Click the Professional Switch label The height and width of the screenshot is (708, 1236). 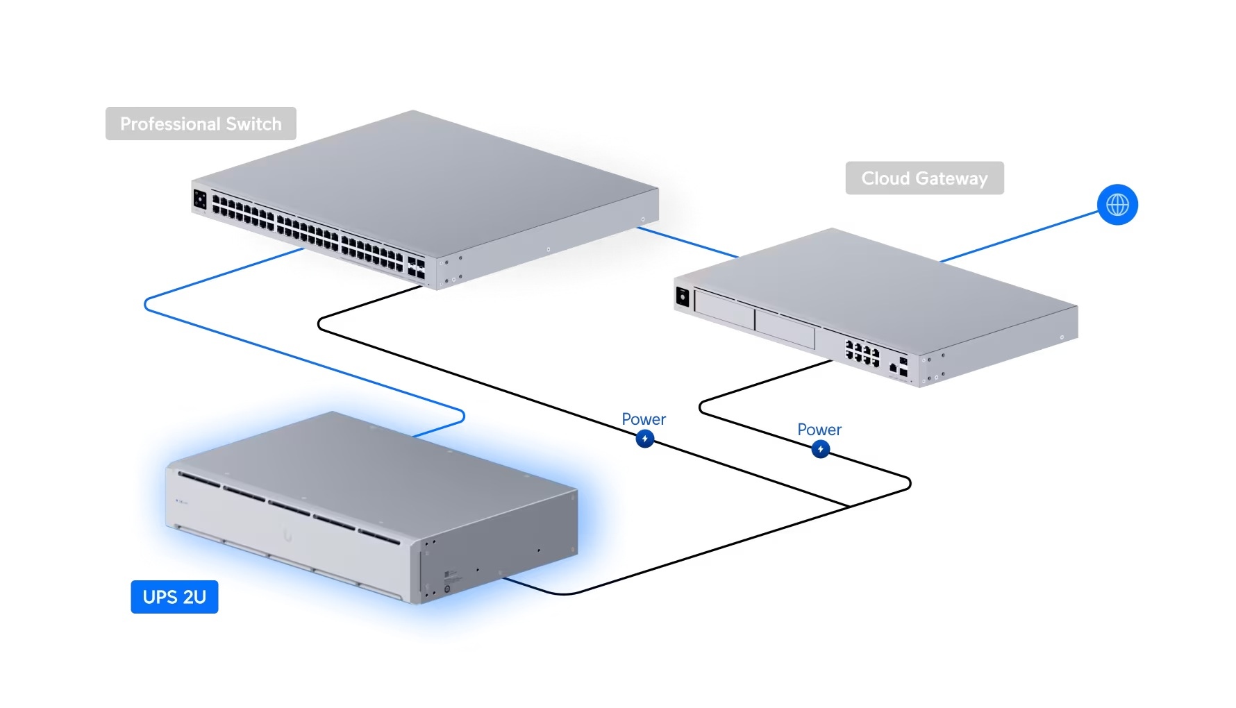[x=201, y=124]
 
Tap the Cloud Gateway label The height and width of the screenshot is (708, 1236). [x=924, y=178]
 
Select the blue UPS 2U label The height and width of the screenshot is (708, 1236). [x=174, y=597]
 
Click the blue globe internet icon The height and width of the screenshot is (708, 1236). [x=1117, y=205]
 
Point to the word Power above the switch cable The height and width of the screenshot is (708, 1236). [x=644, y=419]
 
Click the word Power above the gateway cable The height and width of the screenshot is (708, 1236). [x=819, y=430]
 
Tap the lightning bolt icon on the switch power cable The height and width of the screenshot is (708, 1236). [x=645, y=439]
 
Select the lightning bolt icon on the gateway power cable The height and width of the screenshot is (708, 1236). [x=821, y=449]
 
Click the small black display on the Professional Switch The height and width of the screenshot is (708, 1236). [x=200, y=200]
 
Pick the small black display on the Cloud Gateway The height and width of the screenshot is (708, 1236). [x=683, y=298]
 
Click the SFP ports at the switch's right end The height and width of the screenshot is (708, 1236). [x=416, y=268]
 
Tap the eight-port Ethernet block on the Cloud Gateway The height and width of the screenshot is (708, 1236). [x=862, y=353]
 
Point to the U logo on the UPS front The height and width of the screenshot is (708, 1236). [x=287, y=535]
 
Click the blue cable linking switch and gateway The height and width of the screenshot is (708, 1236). [x=687, y=242]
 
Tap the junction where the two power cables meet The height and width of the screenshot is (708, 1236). [x=849, y=506]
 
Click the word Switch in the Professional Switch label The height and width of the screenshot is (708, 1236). [x=253, y=124]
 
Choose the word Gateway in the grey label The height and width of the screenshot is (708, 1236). [x=951, y=178]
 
